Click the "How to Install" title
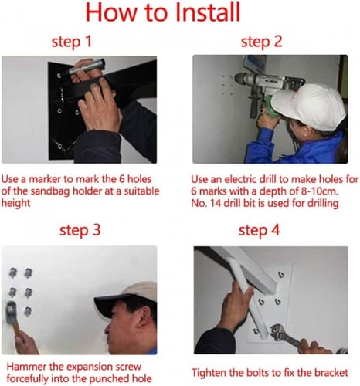coord(163,12)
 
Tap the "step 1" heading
coord(72,42)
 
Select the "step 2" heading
coord(262,42)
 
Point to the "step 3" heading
coord(80,230)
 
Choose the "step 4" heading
coord(259,230)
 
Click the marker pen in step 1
coord(87,67)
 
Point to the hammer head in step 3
coord(11,313)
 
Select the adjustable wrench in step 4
coord(286,336)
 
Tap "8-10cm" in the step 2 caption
coord(319,191)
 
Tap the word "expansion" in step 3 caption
coord(90,367)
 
